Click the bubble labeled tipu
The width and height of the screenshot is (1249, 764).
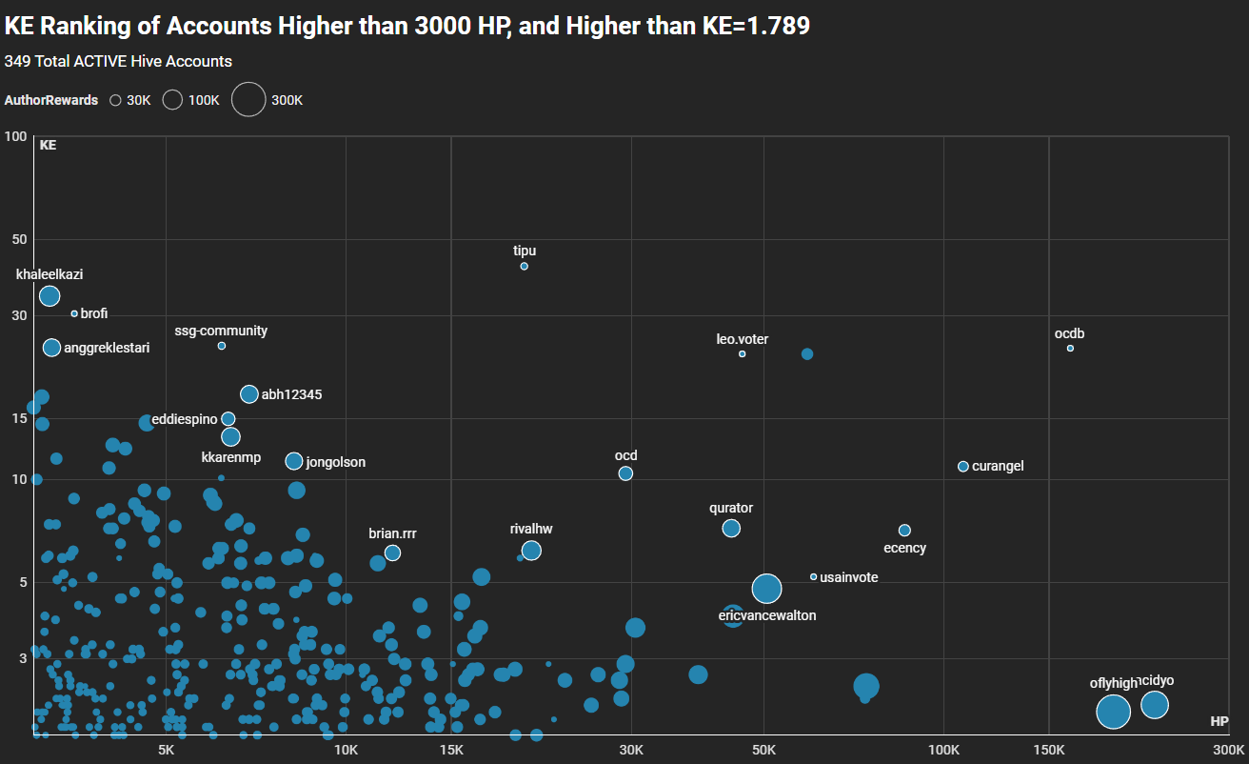[x=525, y=266]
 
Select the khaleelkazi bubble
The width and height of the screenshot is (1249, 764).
[x=50, y=296]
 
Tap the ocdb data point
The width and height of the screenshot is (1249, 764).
[x=1070, y=349]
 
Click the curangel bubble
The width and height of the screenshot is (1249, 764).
[x=963, y=467]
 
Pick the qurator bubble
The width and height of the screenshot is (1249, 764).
[x=731, y=529]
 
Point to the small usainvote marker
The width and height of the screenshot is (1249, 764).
[x=813, y=577]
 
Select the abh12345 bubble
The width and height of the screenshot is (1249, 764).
[x=249, y=394]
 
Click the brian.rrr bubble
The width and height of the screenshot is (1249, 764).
[x=392, y=553]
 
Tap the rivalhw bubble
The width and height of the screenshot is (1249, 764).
[x=531, y=551]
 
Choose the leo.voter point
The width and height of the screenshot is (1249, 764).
[x=743, y=354]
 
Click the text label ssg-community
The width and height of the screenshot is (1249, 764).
[x=221, y=332]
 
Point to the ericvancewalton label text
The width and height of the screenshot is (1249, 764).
[x=767, y=615]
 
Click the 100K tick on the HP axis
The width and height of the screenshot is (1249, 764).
[x=943, y=750]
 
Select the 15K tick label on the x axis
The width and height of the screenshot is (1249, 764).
[x=451, y=750]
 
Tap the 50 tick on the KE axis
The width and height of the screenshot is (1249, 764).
[x=17, y=239]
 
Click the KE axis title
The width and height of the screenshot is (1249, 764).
[x=48, y=146]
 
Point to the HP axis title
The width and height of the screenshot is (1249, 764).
[x=1219, y=721]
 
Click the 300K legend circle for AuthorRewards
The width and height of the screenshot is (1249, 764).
[x=248, y=99]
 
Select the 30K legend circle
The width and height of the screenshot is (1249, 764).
[x=115, y=100]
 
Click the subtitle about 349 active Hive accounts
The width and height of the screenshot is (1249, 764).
[x=118, y=62]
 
